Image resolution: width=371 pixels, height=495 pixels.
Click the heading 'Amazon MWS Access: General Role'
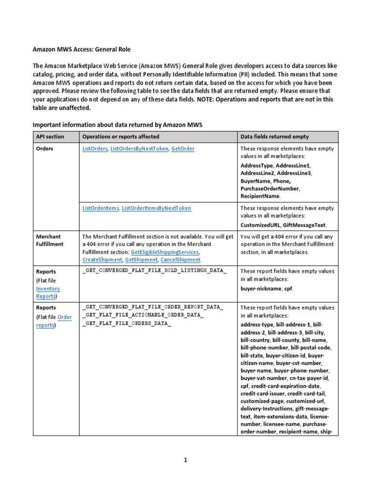pos(81,49)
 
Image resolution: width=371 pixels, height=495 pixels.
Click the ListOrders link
pos(95,149)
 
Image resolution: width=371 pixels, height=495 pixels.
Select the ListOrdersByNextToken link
pos(139,149)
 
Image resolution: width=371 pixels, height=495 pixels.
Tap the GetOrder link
pos(183,149)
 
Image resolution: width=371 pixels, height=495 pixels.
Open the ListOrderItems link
pos(100,208)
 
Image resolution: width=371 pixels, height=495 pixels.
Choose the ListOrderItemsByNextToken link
pos(157,208)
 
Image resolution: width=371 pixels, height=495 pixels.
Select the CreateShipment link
pos(102,260)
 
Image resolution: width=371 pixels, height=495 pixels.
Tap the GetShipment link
pos(141,260)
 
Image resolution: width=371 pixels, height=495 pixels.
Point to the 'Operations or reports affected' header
pos(121,137)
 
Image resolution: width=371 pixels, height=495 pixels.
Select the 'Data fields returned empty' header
pos(274,137)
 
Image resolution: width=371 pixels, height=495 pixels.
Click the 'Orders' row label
pos(44,149)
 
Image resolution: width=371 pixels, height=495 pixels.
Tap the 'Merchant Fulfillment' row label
pos(49,240)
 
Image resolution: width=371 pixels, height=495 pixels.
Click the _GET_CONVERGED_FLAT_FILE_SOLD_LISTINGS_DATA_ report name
pos(154,271)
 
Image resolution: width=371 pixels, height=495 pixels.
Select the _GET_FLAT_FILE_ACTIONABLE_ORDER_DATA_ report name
pos(143,315)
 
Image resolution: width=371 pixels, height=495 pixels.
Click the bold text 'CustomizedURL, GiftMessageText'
pos(283,225)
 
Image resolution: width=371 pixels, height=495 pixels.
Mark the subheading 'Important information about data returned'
pos(117,125)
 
